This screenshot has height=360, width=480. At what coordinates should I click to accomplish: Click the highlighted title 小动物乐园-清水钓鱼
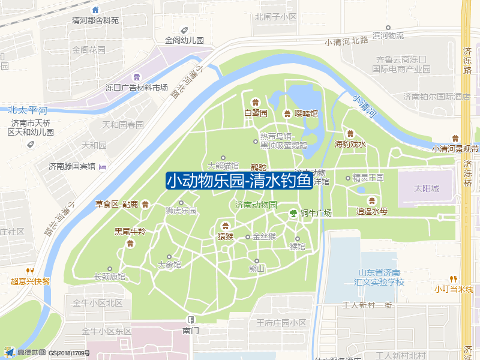[239, 181]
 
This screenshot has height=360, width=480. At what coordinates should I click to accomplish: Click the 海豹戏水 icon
[350, 133]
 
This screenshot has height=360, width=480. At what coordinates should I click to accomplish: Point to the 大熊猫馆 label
[223, 165]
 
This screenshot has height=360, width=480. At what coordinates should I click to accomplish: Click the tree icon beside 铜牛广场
[293, 212]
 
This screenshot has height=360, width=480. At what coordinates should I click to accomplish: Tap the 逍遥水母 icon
[372, 200]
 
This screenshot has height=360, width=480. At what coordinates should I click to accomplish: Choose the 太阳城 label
[427, 188]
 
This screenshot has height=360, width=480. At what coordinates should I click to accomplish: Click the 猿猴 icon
[226, 226]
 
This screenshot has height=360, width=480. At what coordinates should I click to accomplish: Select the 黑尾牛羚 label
[130, 232]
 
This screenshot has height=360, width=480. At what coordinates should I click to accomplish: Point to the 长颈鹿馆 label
[110, 277]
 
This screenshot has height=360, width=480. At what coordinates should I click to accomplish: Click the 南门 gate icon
[191, 319]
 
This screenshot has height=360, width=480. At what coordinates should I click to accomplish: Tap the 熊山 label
[257, 269]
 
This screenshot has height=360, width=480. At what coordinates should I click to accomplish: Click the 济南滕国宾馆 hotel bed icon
[102, 166]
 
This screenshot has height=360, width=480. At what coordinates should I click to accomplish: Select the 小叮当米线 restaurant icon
[454, 278]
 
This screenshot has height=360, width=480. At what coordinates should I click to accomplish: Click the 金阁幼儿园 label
[185, 41]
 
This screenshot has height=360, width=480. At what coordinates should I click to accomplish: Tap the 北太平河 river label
[28, 110]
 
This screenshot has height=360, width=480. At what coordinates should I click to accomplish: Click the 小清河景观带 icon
[455, 138]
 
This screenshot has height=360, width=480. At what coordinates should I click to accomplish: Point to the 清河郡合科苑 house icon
[95, 10]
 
